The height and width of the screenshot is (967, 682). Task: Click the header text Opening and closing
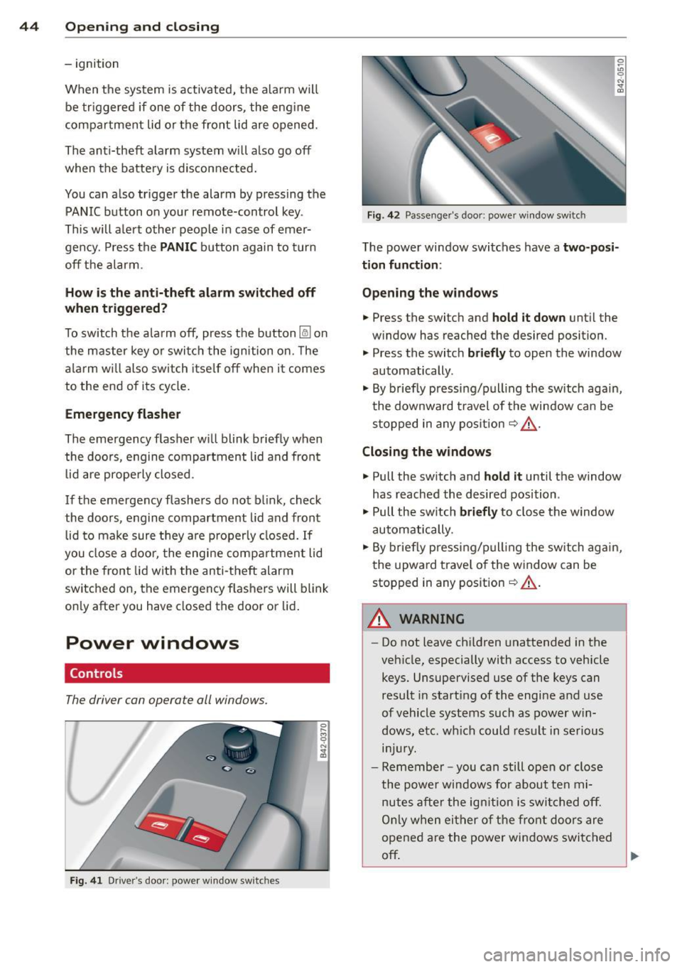(x=142, y=27)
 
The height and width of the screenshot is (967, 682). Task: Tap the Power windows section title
(x=152, y=643)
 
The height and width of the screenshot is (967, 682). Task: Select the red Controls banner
(x=197, y=673)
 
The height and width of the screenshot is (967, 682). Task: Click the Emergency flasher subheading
(x=122, y=414)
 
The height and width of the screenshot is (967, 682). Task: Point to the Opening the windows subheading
(x=430, y=293)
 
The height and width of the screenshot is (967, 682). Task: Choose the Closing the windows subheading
(x=426, y=452)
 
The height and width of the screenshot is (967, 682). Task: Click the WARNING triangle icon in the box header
(x=380, y=619)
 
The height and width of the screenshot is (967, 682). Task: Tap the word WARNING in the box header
(x=432, y=619)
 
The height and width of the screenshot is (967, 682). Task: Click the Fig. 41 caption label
(x=86, y=880)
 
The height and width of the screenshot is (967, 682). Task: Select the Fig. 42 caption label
(x=384, y=215)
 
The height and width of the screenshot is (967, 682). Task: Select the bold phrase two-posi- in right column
(x=590, y=247)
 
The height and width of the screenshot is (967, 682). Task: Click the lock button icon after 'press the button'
(x=305, y=333)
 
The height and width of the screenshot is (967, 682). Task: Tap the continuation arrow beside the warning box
(x=635, y=856)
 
